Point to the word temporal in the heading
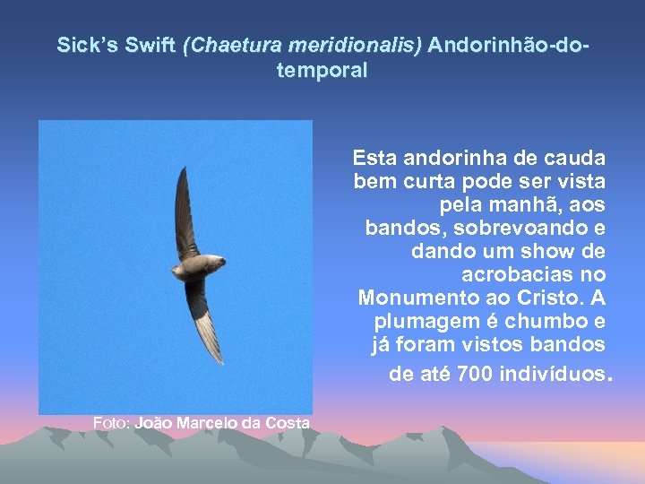click(x=322, y=71)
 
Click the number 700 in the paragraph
click(x=475, y=374)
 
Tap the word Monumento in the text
click(x=413, y=298)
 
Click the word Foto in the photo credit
click(x=111, y=423)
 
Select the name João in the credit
click(x=153, y=423)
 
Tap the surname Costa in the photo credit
click(x=288, y=423)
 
